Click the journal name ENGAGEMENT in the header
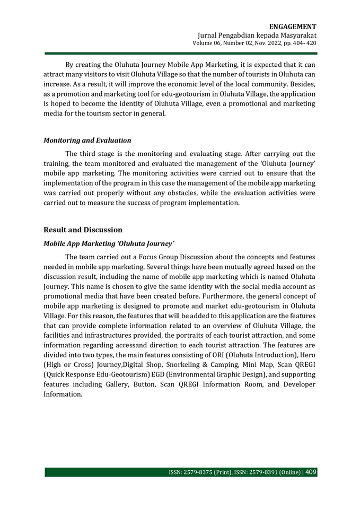tap(293, 27)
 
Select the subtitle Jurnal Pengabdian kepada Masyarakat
tap(257, 35)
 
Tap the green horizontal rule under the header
tap(180, 53)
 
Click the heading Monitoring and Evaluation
tap(87, 141)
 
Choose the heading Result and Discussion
tap(83, 230)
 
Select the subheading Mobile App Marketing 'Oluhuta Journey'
tap(109, 244)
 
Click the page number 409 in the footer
tap(311, 472)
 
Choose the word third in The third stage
tap(88, 154)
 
